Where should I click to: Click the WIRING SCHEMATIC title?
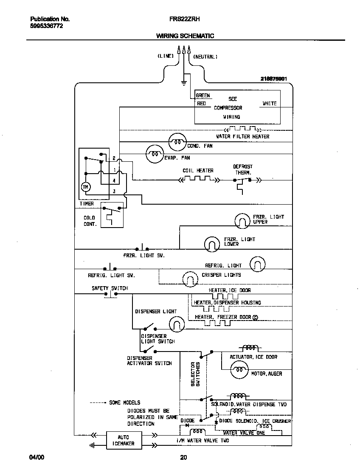pos(185,36)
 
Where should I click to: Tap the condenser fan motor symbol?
pos(177,142)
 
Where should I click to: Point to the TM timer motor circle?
pos(85,187)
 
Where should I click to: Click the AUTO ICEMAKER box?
pos(123,440)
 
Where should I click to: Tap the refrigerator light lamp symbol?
pos(257,264)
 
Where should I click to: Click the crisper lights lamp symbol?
pos(191,279)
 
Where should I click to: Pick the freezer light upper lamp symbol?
pos(243,220)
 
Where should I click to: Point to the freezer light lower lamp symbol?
pos(212,243)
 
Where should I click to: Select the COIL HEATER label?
pos(198,171)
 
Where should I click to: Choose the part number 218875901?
pos(274,79)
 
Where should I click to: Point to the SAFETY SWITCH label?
pos(110,288)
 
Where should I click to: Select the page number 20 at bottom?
pos(183,458)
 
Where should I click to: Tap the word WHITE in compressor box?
pos(269,103)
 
